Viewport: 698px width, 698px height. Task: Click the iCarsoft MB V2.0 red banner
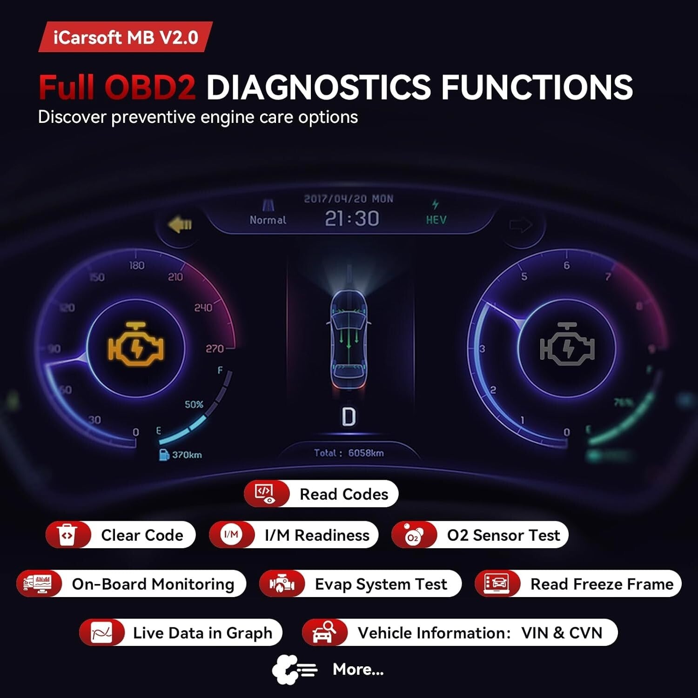point(126,37)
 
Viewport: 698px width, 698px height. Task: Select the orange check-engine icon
point(136,344)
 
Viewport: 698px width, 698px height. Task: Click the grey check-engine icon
point(567,344)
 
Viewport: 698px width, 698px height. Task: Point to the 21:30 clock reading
point(352,218)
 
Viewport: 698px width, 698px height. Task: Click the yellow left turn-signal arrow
point(180,225)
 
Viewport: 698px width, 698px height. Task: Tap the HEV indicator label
point(436,220)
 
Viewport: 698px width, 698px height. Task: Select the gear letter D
point(349,417)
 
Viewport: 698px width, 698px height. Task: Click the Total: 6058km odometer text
point(349,453)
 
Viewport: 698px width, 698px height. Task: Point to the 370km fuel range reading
point(186,455)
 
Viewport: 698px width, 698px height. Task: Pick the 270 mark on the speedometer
point(215,349)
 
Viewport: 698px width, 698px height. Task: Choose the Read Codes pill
point(321,494)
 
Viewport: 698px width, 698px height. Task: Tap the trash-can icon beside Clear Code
point(67,535)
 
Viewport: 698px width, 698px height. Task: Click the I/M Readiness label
point(317,535)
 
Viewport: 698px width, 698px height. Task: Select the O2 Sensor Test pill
point(480,535)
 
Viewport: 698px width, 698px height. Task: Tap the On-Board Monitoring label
point(153,584)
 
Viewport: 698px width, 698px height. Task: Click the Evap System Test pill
point(360,584)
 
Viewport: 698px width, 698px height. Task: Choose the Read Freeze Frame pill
point(578,584)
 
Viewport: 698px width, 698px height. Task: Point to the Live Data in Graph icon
point(101,633)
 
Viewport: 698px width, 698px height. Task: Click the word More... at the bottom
point(358,669)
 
